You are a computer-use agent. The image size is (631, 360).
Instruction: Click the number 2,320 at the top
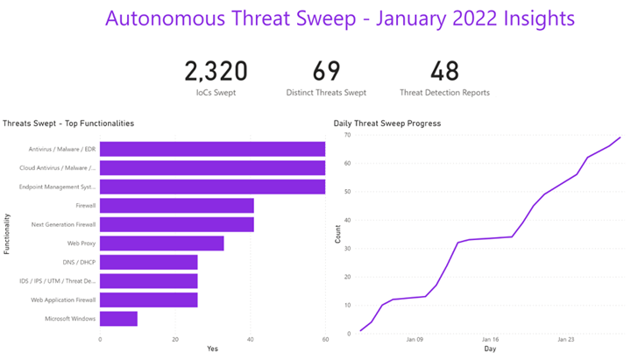pos(216,71)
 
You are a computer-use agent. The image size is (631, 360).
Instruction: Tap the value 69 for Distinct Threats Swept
pos(326,71)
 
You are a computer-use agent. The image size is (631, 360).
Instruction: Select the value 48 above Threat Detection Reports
pos(444,71)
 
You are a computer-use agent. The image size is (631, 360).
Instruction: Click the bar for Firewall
pos(177,206)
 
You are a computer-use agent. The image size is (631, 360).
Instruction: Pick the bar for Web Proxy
pos(162,244)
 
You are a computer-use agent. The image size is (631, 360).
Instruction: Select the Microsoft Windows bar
pos(119,318)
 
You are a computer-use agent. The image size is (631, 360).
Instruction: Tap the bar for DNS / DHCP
pos(149,262)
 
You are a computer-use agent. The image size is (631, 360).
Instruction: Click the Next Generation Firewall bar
pos(177,224)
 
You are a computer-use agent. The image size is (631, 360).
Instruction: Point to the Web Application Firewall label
pos(64,300)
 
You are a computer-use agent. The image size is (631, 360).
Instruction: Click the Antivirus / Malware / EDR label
pos(62,150)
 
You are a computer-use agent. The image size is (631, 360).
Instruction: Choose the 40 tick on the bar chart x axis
pos(251,340)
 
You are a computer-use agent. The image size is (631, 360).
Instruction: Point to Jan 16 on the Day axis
pos(491,340)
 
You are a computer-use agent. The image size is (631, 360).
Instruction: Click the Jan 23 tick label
pos(566,340)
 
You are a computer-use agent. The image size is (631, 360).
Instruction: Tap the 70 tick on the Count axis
pos(347,136)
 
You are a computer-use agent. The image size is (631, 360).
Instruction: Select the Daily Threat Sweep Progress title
pos(387,124)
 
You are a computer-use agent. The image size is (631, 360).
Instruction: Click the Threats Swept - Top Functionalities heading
pos(68,124)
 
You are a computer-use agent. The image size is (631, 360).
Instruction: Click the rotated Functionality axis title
pos(7,234)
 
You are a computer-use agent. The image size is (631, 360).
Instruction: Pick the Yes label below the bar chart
pos(212,349)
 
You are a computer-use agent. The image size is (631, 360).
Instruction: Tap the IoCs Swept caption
pos(216,92)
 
